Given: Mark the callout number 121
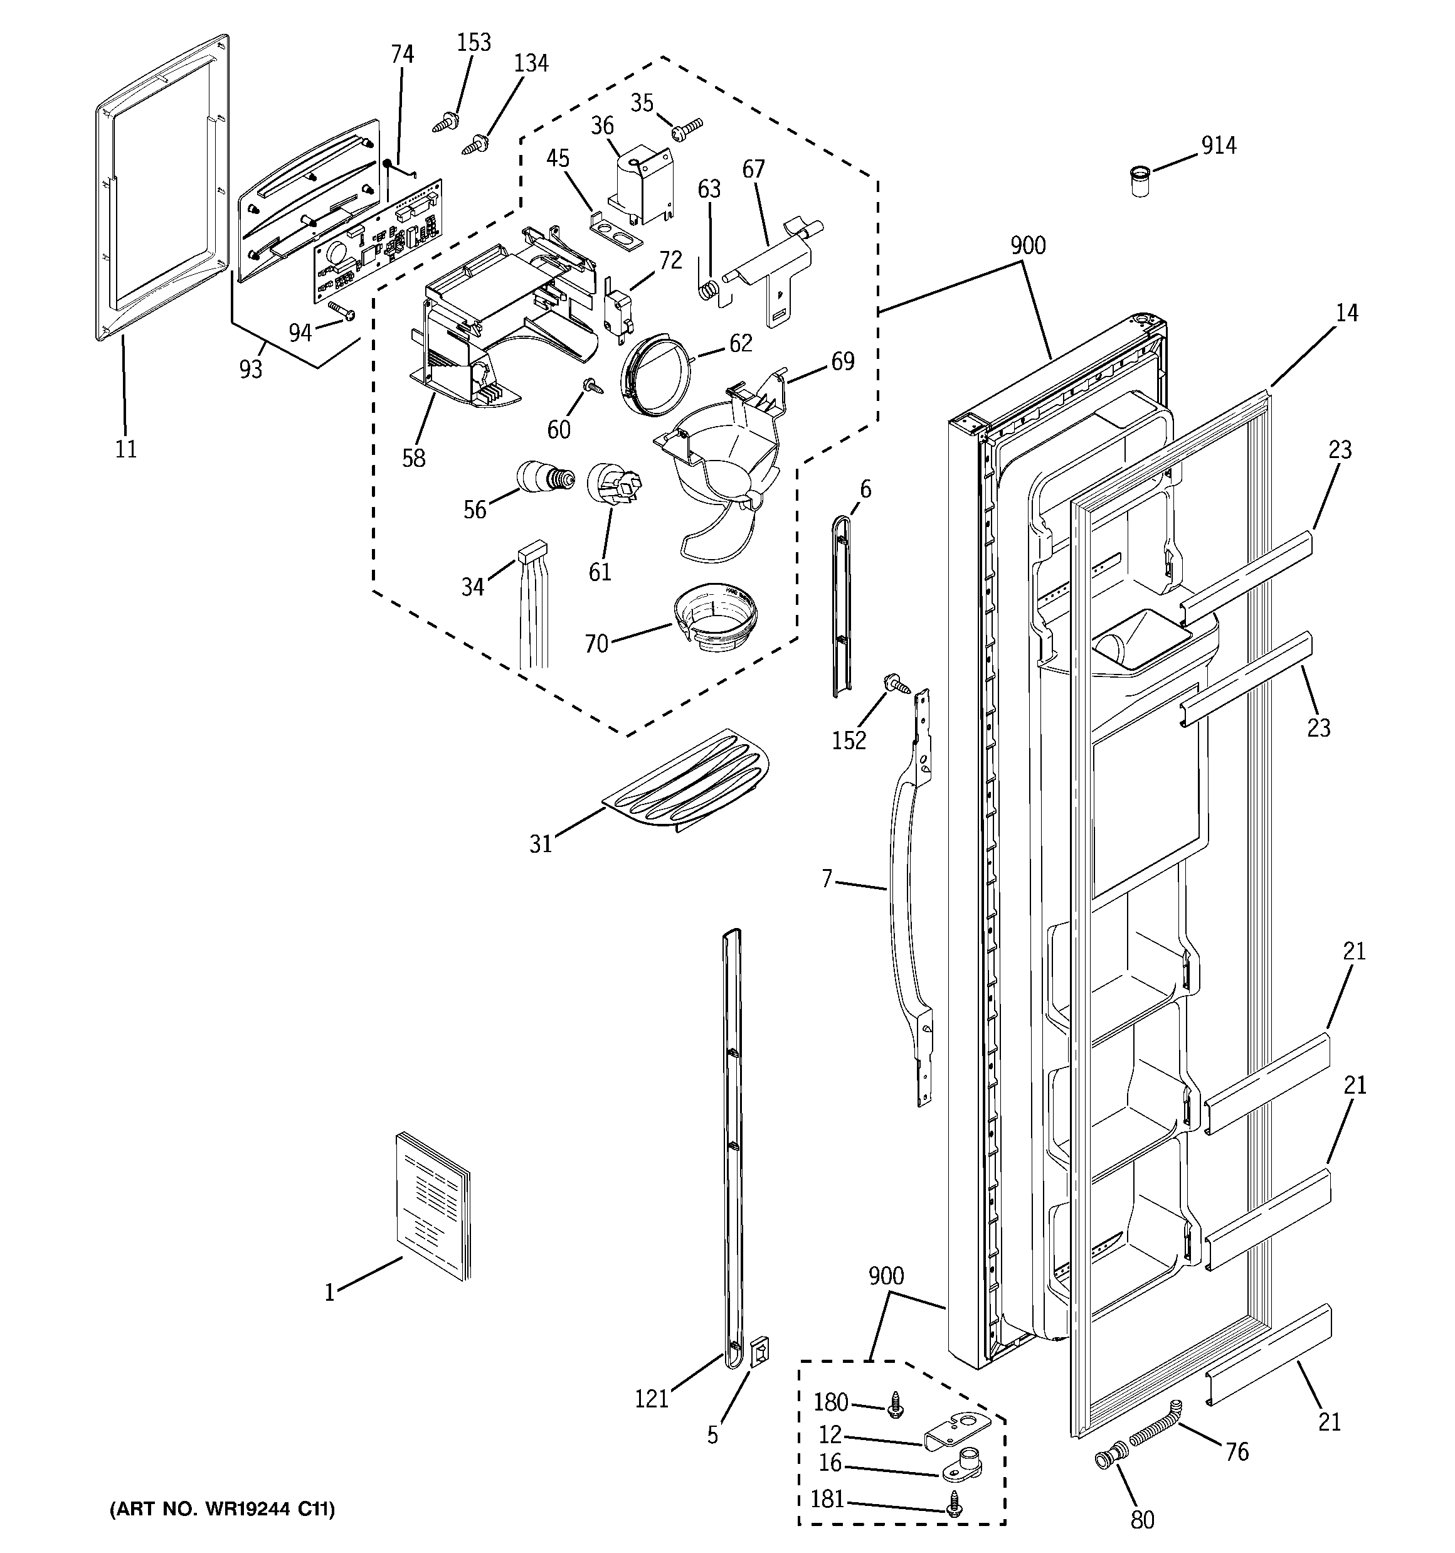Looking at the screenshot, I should [652, 1397].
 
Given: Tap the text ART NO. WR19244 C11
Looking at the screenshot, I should [222, 1508].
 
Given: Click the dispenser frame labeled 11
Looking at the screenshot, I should [114, 195].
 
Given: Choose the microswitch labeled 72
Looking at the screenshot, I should [620, 313].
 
